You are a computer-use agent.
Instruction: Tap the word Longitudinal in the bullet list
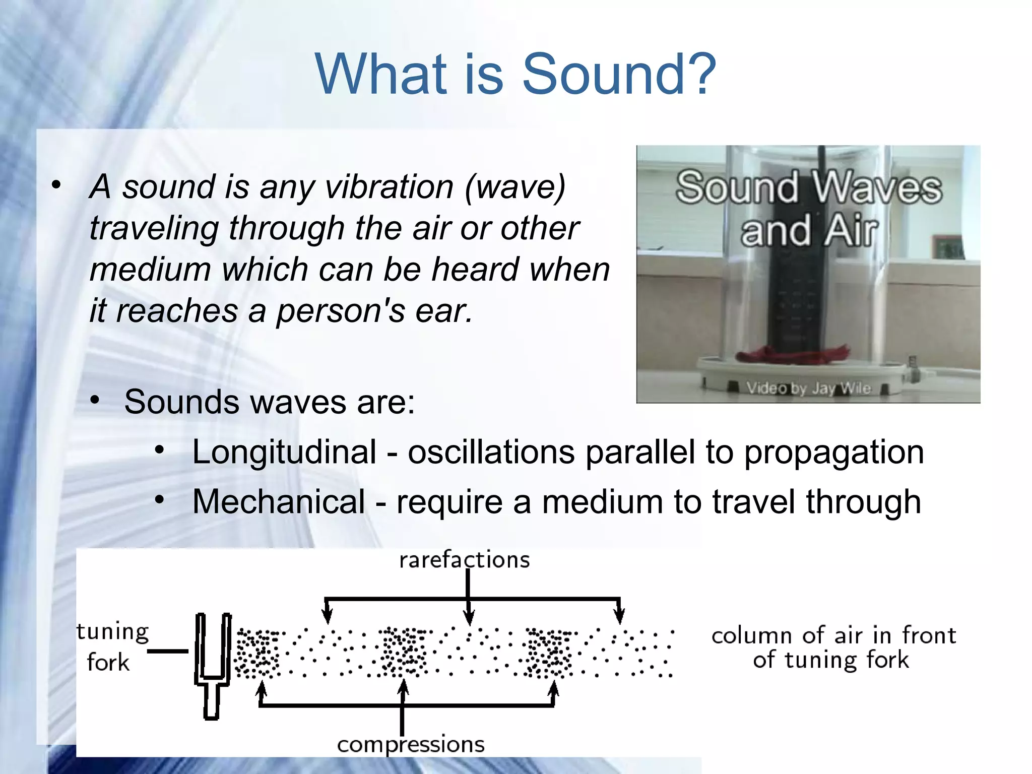point(284,452)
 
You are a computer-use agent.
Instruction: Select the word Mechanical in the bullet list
point(279,502)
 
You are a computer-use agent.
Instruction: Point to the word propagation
point(834,452)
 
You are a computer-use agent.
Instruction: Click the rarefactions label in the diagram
point(464,560)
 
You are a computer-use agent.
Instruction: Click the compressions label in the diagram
point(411,745)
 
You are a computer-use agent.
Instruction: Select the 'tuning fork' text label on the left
point(112,647)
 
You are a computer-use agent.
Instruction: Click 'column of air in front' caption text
point(833,636)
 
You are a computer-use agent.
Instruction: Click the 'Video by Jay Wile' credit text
point(808,388)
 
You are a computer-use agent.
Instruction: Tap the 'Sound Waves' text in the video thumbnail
point(808,187)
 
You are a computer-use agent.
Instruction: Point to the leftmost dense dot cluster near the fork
point(257,653)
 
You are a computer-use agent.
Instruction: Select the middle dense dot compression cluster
point(403,653)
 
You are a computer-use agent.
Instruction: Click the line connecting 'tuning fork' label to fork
point(167,651)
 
